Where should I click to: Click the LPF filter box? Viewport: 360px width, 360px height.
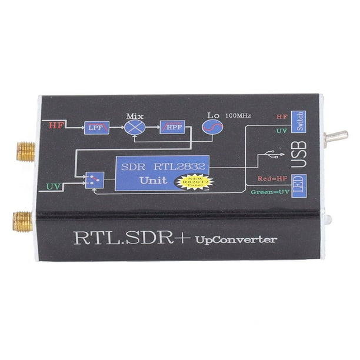point(96,126)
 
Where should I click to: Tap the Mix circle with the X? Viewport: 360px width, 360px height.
point(135,126)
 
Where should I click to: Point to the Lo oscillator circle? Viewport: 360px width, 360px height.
point(212,127)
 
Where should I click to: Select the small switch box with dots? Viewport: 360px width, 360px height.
point(94,179)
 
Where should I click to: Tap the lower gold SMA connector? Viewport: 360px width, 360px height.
point(22,221)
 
